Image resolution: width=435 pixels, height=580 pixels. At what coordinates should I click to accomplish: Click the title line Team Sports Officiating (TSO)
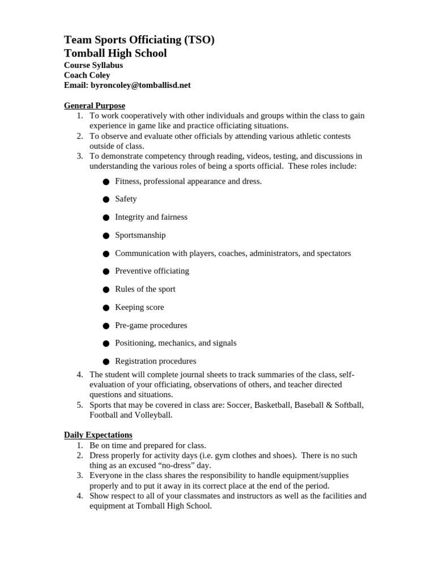139,40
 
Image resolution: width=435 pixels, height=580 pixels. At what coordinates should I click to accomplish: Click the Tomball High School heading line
115,53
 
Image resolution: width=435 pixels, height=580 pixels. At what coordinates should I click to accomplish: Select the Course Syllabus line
93,65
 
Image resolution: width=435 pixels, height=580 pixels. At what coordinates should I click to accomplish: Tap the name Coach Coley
87,75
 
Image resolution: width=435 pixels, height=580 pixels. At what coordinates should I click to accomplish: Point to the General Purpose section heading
94,105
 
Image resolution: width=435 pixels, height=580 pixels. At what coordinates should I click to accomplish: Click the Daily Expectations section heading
98,435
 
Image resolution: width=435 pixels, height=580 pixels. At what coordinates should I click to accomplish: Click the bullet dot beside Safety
106,199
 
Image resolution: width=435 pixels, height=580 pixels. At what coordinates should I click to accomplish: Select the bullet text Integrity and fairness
151,217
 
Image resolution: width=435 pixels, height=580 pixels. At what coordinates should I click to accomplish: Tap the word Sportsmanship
140,235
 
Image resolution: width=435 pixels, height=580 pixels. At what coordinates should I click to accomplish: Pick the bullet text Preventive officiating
152,271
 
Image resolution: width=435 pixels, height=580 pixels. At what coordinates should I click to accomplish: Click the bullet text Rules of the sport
145,289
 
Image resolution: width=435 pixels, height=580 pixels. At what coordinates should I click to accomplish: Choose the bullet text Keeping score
139,307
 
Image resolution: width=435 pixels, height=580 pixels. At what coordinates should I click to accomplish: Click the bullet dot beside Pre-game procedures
106,326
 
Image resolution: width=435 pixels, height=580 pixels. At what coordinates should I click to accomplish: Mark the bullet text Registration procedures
155,361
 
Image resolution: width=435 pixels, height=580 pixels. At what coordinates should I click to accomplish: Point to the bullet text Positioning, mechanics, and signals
176,343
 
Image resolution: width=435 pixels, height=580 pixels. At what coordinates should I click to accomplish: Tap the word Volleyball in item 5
152,415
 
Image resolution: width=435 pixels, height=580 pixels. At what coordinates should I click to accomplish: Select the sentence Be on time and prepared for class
147,445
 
